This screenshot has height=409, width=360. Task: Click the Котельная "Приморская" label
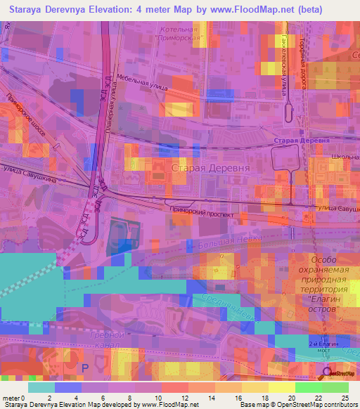[x=178, y=34]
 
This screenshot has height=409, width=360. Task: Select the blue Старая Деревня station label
[x=301, y=141]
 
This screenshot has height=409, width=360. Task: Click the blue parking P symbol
[x=86, y=368]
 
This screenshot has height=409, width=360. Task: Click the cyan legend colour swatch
[x=41, y=387]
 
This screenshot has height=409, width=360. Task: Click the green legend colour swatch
[x=309, y=387]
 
